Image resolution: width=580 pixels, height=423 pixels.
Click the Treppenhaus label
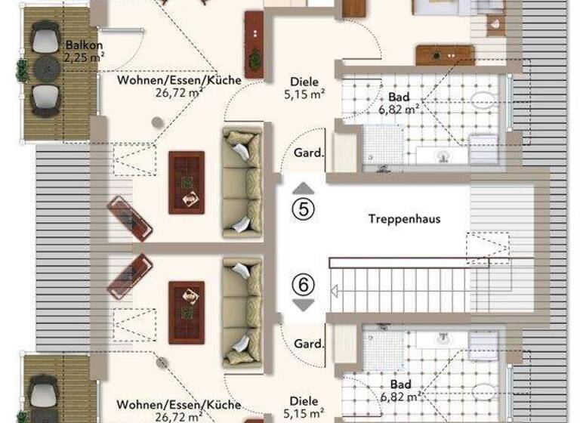tap(404, 220)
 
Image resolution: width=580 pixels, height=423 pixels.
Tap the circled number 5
tap(303, 209)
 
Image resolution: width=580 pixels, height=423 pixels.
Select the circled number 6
tap(303, 285)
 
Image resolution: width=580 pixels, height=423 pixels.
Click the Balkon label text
tap(79, 45)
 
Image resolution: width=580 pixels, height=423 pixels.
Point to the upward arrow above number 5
tap(303, 188)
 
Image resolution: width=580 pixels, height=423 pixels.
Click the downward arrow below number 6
tap(303, 305)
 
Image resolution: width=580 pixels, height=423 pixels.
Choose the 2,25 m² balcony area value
tap(80, 57)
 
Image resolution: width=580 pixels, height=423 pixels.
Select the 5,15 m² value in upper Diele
tap(304, 94)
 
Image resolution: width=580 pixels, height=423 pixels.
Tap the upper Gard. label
tap(308, 153)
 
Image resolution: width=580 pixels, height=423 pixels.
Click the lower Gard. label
tap(308, 344)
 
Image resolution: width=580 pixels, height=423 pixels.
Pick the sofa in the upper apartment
tap(242, 182)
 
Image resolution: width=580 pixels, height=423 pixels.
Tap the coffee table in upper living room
tap(186, 182)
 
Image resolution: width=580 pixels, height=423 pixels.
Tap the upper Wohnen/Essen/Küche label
tap(179, 80)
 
